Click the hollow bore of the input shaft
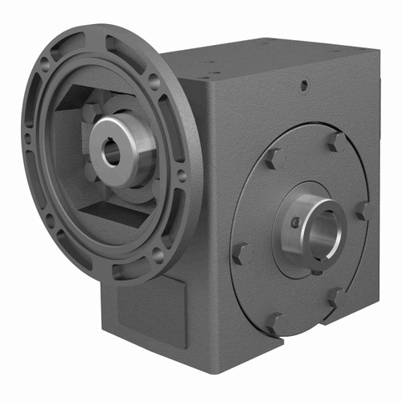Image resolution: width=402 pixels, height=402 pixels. click(x=111, y=152)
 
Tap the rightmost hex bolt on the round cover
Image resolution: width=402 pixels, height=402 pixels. click(x=363, y=211)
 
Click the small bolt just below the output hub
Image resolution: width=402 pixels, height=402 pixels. click(x=317, y=271)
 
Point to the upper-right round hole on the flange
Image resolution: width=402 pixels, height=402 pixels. click(x=153, y=80)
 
